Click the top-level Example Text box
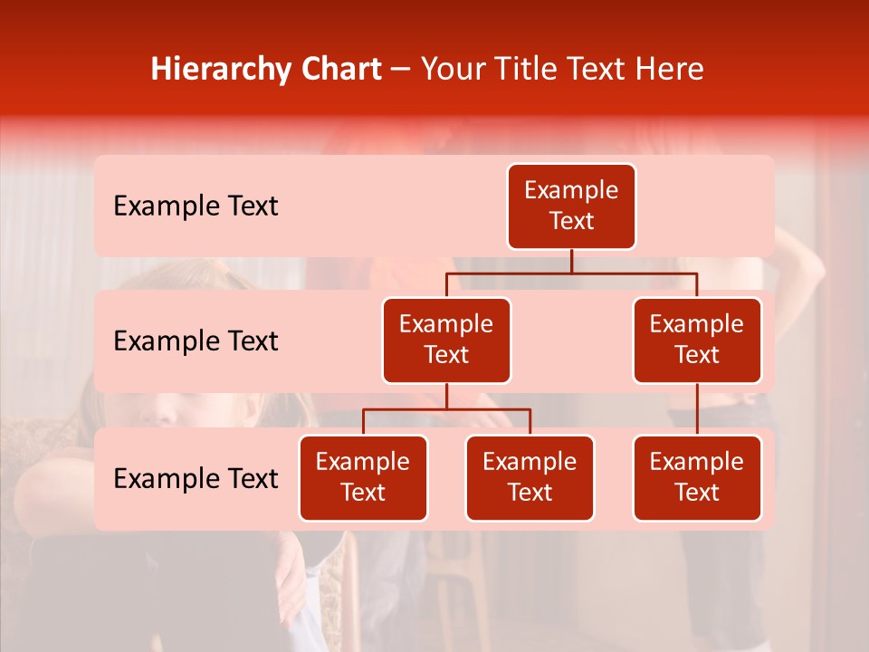pos(571,206)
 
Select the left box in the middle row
pos(446,340)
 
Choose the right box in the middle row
pos(697,340)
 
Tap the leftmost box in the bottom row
pos(363,477)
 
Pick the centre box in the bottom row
pos(530,477)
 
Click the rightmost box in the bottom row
pos(697,477)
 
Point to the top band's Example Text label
pos(196,206)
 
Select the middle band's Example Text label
pos(196,340)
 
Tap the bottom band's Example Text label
pos(196,478)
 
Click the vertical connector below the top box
pos(571,261)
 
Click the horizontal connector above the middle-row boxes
pos(571,273)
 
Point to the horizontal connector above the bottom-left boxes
pos(446,409)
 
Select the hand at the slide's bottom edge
pos(291,589)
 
